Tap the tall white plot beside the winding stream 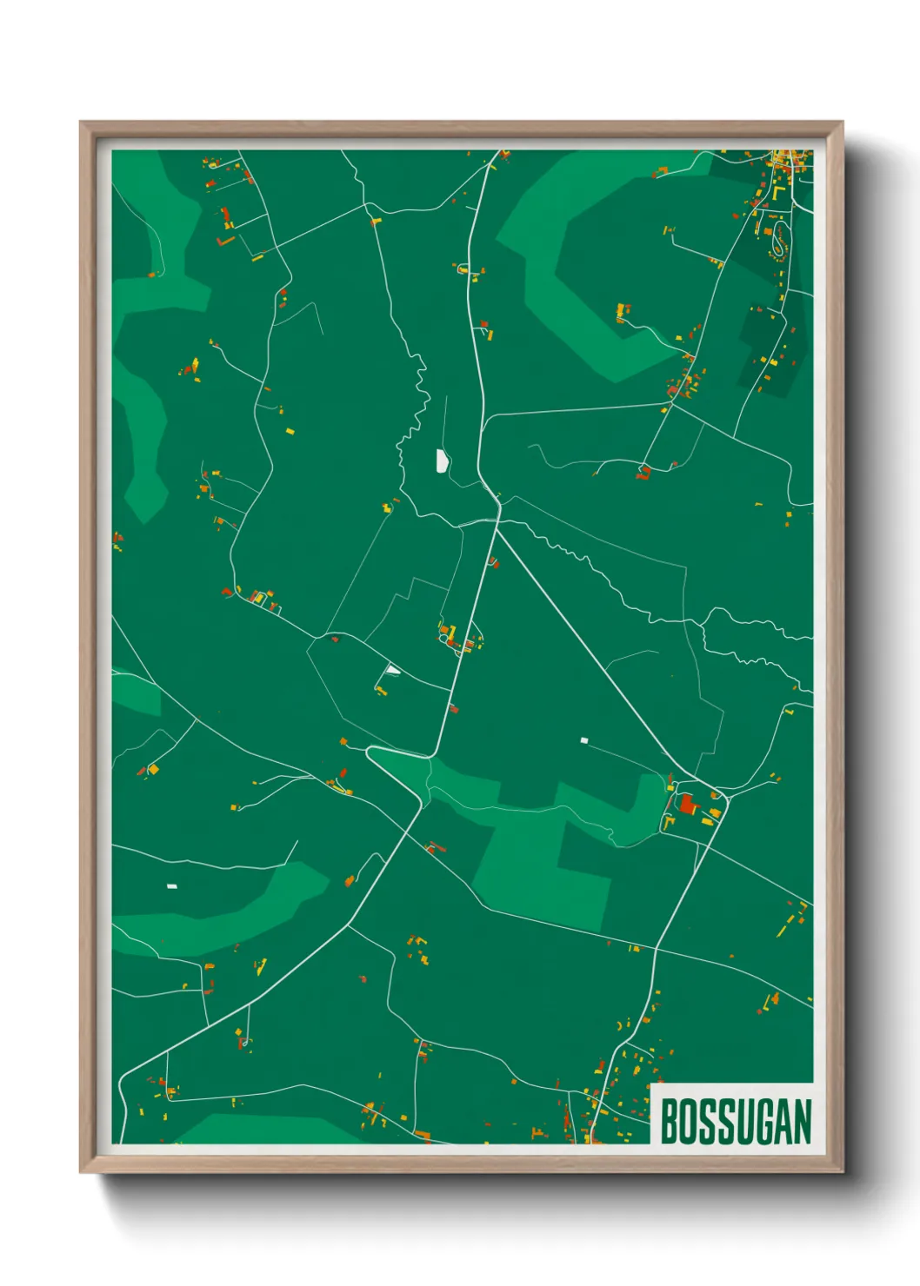pos(442,461)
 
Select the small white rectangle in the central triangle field pos(584,740)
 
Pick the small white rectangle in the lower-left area pos(172,886)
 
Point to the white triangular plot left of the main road pos(392,669)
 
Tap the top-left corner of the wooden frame pos(82,123)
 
